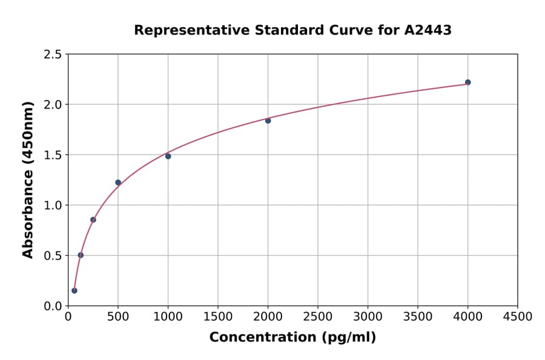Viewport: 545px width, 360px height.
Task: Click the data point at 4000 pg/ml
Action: pos(467,82)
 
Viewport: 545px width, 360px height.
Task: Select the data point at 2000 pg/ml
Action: pos(268,121)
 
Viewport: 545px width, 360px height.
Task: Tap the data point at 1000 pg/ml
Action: pos(168,156)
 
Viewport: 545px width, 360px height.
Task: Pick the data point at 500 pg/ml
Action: pos(118,182)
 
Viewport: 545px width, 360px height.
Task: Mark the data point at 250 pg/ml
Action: pos(93,220)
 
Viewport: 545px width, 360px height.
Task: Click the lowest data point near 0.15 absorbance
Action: pos(74,290)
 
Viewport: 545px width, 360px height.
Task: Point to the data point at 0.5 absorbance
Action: pos(81,255)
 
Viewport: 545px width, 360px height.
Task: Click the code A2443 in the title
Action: pos(428,30)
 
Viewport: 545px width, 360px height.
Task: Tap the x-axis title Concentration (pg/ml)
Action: pos(292,338)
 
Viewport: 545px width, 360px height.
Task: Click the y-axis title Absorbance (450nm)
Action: pos(28,179)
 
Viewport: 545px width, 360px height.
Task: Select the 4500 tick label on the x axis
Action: pos(517,317)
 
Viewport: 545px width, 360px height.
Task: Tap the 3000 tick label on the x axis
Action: pos(368,317)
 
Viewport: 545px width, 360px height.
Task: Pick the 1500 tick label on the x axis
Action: pos(218,317)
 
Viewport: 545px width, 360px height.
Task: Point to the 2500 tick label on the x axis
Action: pos(318,317)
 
